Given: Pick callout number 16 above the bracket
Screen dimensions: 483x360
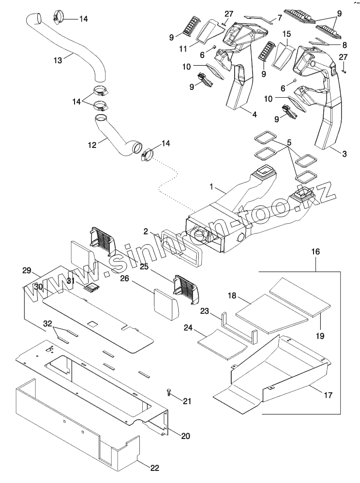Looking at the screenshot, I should (x=315, y=252).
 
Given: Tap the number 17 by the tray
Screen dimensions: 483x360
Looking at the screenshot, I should (x=328, y=395).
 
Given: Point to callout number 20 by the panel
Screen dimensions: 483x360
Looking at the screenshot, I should (x=185, y=435).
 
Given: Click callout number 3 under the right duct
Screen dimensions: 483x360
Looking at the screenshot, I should (x=344, y=154).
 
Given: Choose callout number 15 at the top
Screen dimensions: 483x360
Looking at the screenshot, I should (x=286, y=34).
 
